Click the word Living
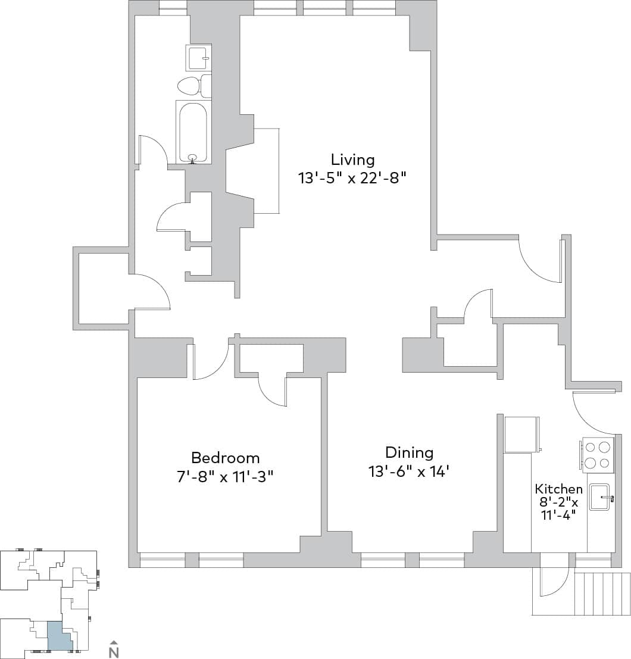[x=352, y=160]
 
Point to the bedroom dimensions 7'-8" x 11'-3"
[x=225, y=476]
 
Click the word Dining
[x=409, y=452]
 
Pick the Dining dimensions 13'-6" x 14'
[x=408, y=471]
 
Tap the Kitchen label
[x=558, y=489]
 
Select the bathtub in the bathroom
[x=193, y=132]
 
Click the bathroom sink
[x=198, y=58]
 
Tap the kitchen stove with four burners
[x=597, y=455]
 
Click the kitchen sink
[x=601, y=497]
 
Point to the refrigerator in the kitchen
[x=521, y=435]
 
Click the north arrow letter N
[x=114, y=652]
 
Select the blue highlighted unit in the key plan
[x=58, y=636]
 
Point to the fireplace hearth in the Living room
[x=266, y=170]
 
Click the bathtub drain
[x=192, y=158]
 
